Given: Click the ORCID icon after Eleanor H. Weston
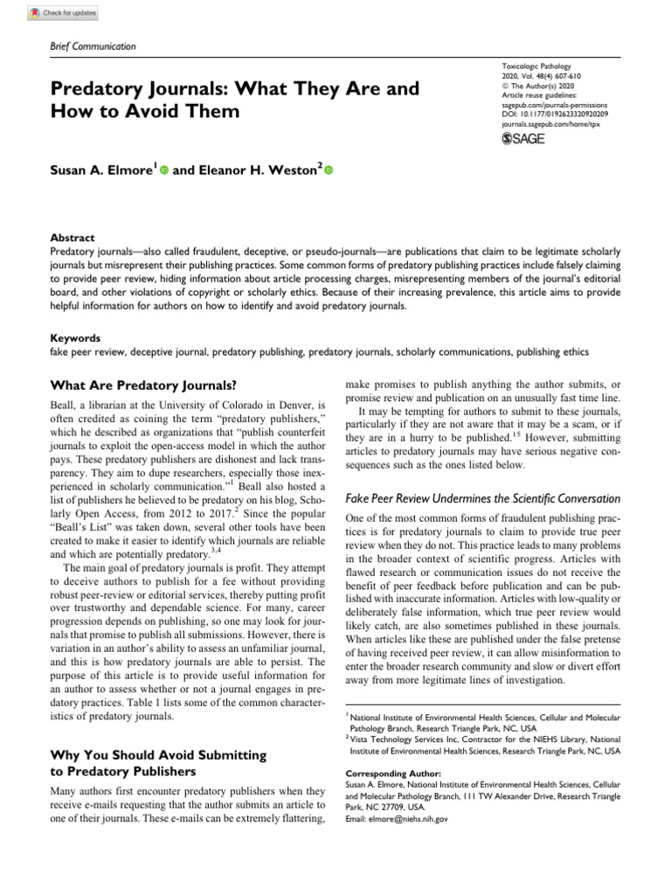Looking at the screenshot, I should click(329, 170).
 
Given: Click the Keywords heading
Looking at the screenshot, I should click(75, 337).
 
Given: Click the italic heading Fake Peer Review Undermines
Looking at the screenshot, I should click(482, 498).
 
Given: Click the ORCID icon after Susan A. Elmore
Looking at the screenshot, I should click(163, 170).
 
